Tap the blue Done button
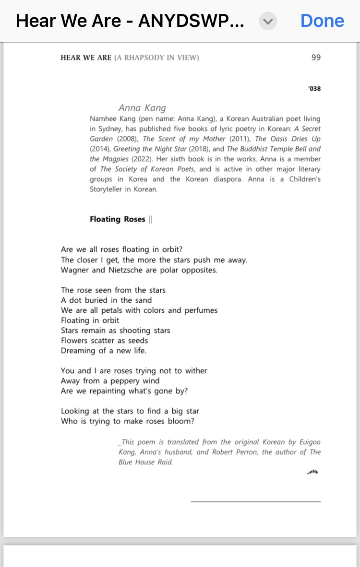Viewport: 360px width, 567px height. (322, 21)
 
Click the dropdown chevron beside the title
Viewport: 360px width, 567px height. (268, 21)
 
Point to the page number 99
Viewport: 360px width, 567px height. (316, 58)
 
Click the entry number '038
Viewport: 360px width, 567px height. (314, 89)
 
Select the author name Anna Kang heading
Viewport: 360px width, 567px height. (142, 108)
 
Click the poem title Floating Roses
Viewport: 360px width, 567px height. (117, 219)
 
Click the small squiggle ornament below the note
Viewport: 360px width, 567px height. (312, 472)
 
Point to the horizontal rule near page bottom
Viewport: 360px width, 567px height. (255, 502)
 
